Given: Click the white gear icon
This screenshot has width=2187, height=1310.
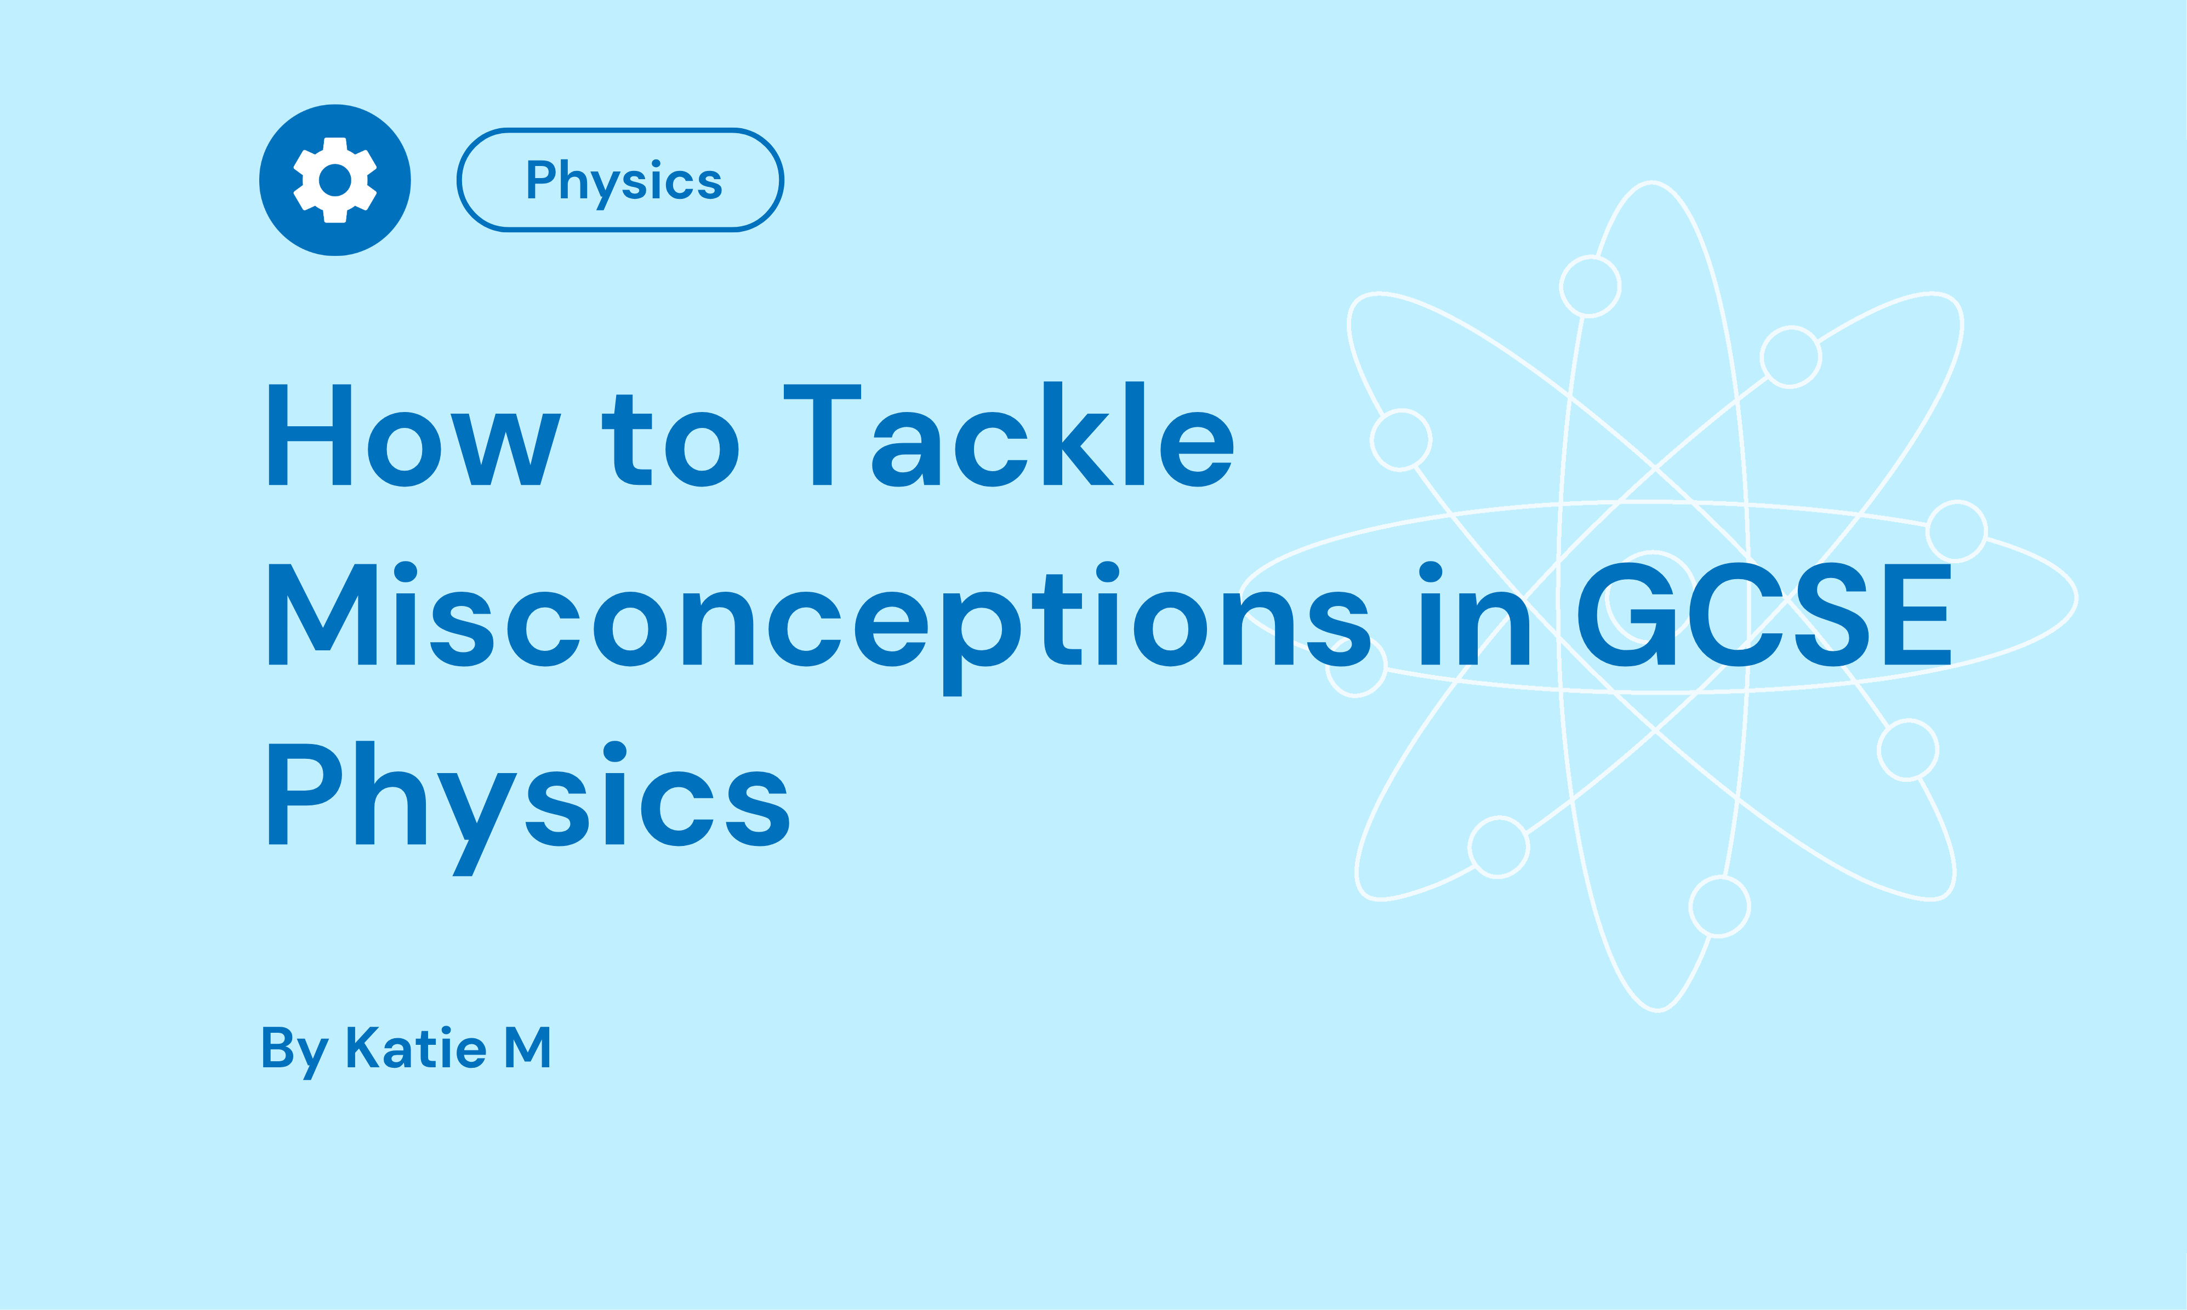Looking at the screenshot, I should (x=335, y=180).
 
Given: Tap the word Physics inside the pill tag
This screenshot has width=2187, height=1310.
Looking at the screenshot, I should (x=623, y=181).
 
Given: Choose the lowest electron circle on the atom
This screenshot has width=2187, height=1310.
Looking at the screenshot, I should (x=1719, y=907).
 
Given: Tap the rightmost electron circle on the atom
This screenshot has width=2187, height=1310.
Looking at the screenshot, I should (x=1957, y=530).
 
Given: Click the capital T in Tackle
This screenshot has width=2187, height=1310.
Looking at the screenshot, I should (x=822, y=434).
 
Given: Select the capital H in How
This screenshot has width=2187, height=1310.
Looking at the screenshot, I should (x=310, y=434).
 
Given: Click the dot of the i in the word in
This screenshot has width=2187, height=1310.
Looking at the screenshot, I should (x=1431, y=572).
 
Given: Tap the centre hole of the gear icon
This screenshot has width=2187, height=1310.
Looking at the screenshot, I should (x=335, y=180).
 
